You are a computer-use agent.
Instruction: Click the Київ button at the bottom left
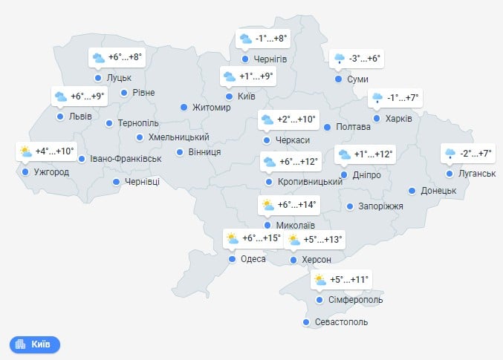tap(35, 344)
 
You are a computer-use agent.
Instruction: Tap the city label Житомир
tap(212, 108)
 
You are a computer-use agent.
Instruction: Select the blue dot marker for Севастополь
tap(306, 322)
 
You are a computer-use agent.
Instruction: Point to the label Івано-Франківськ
tap(126, 159)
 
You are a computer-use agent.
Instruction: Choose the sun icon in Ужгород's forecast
tap(25, 151)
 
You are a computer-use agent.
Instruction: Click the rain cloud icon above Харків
tap(377, 97)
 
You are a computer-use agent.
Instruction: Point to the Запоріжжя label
tap(380, 206)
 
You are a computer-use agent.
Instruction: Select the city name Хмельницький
tap(178, 137)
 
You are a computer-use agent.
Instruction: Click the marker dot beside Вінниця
tap(180, 152)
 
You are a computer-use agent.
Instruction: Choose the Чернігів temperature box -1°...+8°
tap(262, 39)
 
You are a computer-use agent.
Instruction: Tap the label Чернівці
tap(142, 182)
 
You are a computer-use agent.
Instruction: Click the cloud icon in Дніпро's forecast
tap(344, 155)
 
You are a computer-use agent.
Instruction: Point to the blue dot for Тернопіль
tap(109, 123)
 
